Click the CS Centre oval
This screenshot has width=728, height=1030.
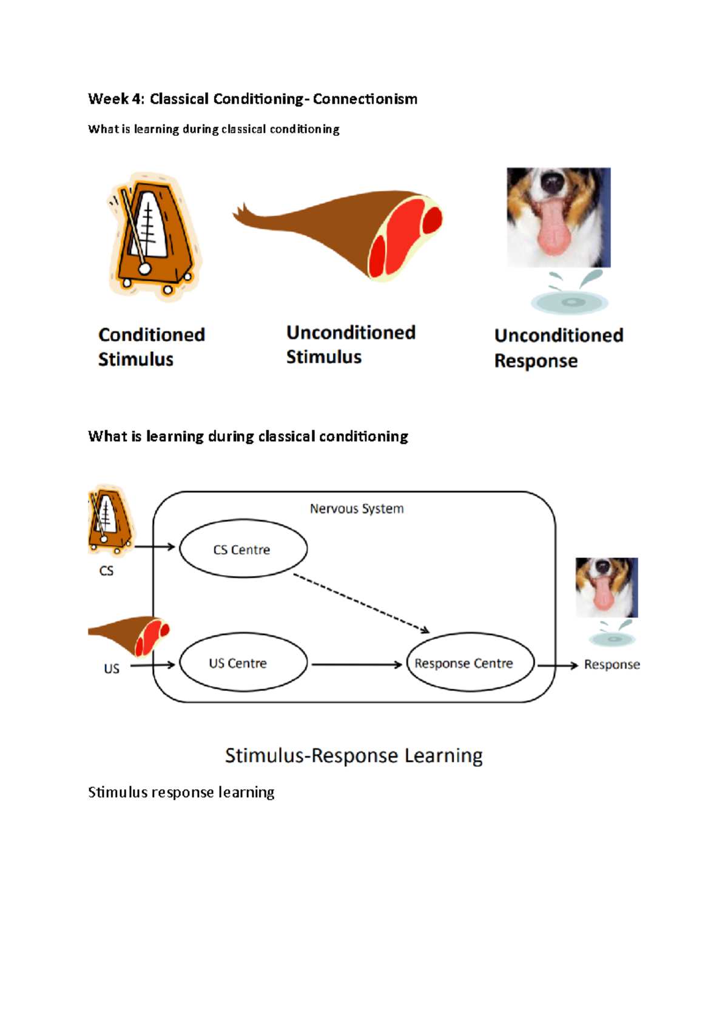243,549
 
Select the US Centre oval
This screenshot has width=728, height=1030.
243,662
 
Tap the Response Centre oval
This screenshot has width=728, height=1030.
470,662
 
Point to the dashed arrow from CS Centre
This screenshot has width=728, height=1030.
361,603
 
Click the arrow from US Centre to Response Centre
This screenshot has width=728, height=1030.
357,665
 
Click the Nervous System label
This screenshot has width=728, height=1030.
357,508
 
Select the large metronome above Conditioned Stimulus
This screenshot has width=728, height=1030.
154,237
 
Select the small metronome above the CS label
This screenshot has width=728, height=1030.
110,520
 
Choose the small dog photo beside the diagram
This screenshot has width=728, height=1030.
606,587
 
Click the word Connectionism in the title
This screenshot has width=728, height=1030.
365,99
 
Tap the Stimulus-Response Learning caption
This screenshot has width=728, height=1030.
354,756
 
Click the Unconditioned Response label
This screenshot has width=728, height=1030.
558,348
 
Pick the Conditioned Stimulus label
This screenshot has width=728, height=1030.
152,346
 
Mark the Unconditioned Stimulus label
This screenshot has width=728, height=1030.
351,345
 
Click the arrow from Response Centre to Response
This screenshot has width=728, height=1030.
557,665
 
